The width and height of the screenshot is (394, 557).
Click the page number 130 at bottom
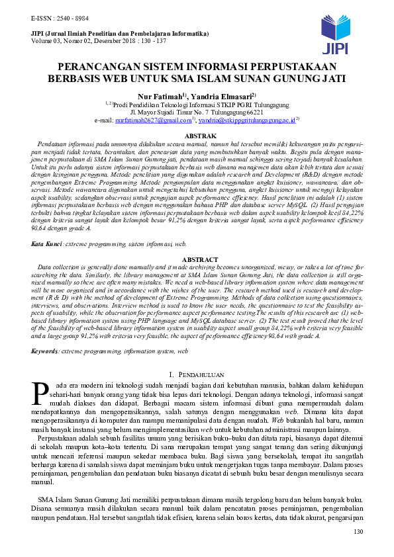(x=359, y=532)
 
